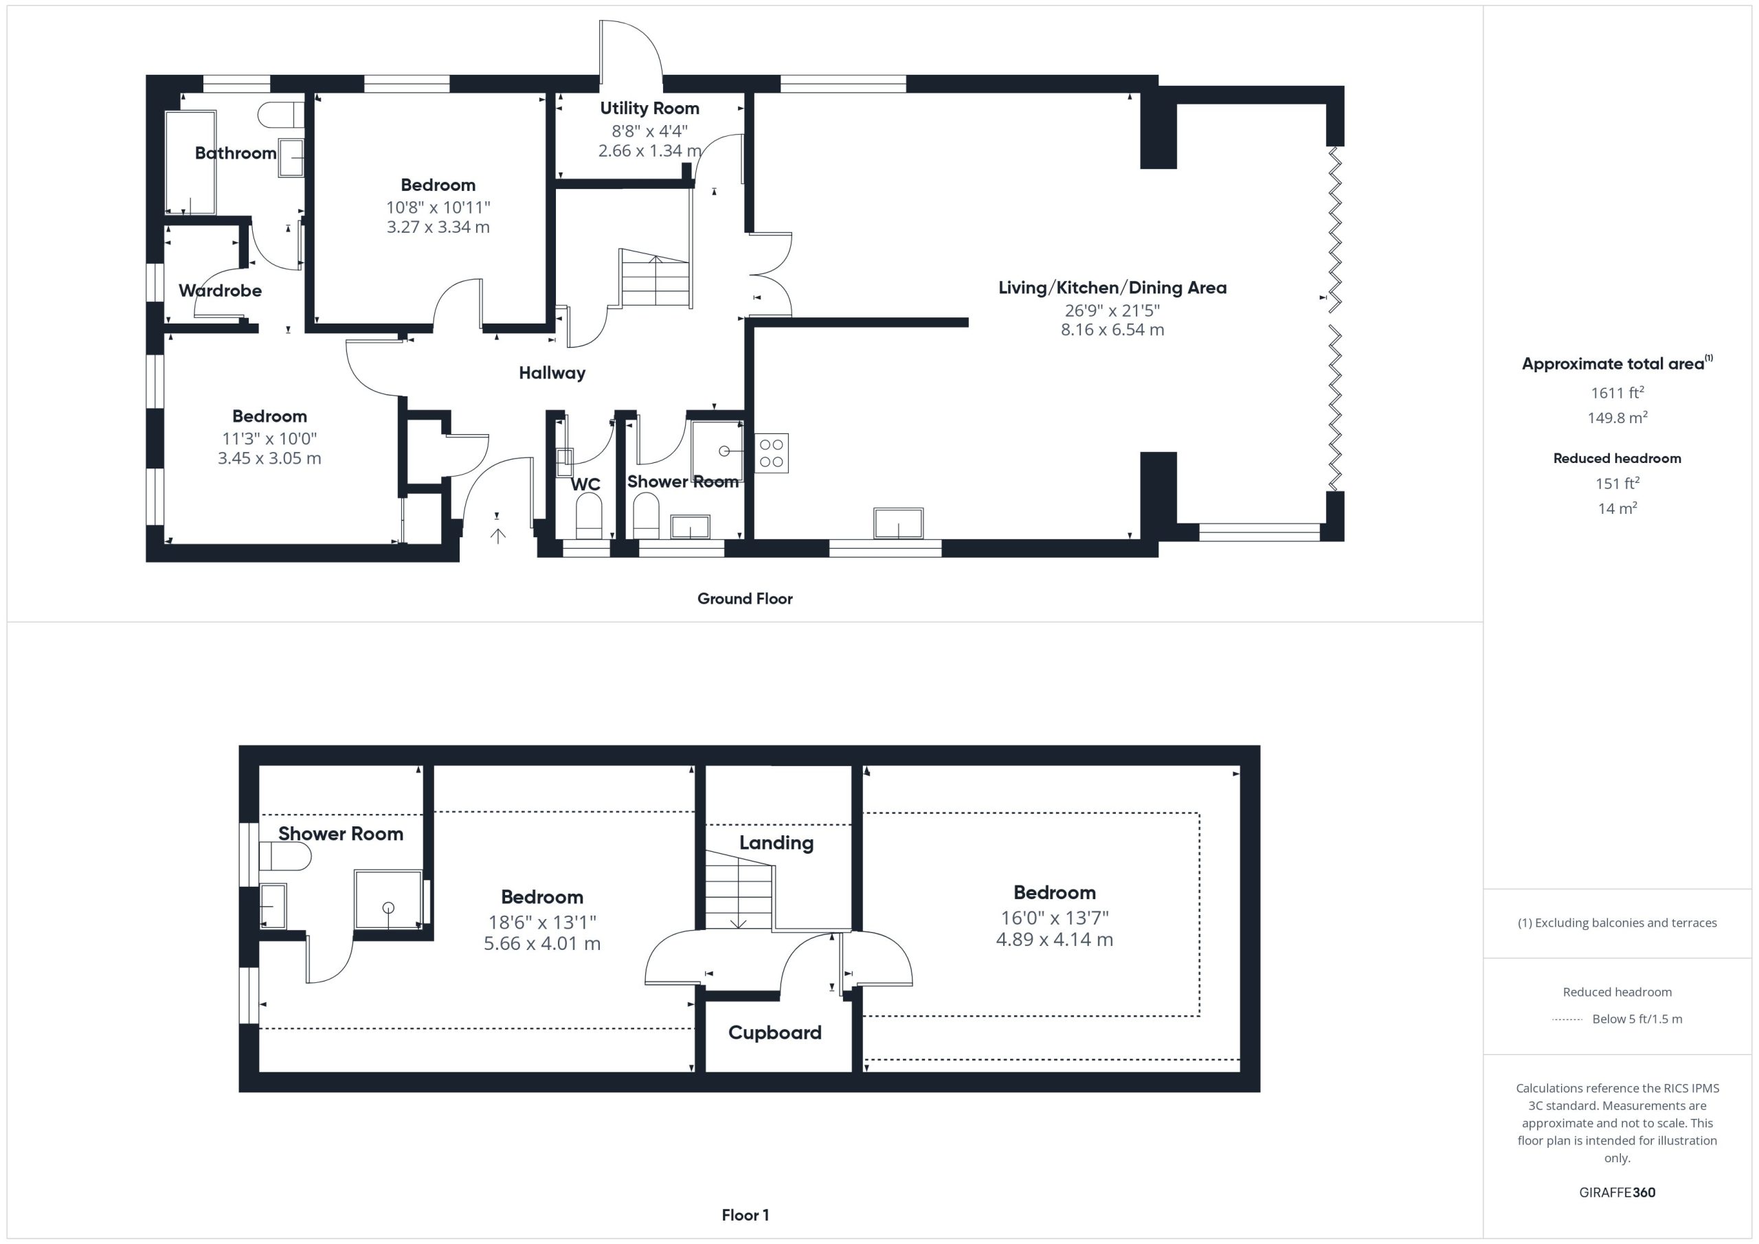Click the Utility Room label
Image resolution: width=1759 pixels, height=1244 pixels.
(650, 108)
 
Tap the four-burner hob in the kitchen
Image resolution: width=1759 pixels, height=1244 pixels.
(772, 453)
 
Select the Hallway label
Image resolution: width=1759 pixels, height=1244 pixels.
(552, 373)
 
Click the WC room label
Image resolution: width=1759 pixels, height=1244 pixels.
(585, 484)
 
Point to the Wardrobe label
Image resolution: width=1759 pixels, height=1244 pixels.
(221, 291)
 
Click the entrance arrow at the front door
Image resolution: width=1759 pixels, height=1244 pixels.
(498, 535)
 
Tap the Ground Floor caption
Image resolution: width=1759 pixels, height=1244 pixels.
(745, 598)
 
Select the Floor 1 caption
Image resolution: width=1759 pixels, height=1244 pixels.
(746, 1215)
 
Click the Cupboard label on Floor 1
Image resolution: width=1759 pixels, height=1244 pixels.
(774, 1032)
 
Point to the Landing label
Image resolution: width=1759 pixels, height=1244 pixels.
(776, 843)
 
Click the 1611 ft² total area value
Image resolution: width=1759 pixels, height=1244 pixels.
(1617, 392)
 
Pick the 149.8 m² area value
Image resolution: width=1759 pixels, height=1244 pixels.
(1617, 418)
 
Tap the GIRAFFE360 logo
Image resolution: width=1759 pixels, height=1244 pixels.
(1617, 1192)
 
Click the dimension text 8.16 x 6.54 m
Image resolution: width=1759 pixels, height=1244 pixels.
(1112, 330)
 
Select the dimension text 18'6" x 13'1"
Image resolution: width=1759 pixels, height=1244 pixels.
(542, 923)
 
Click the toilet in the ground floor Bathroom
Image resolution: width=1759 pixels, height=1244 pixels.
(280, 115)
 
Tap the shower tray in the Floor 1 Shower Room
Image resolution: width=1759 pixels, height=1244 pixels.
(388, 899)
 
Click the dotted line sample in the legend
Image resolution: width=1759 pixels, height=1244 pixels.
(1567, 1019)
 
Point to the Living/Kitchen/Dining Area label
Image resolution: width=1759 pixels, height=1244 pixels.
(1112, 288)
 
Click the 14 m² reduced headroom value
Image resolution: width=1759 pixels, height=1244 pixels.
(1617, 508)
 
